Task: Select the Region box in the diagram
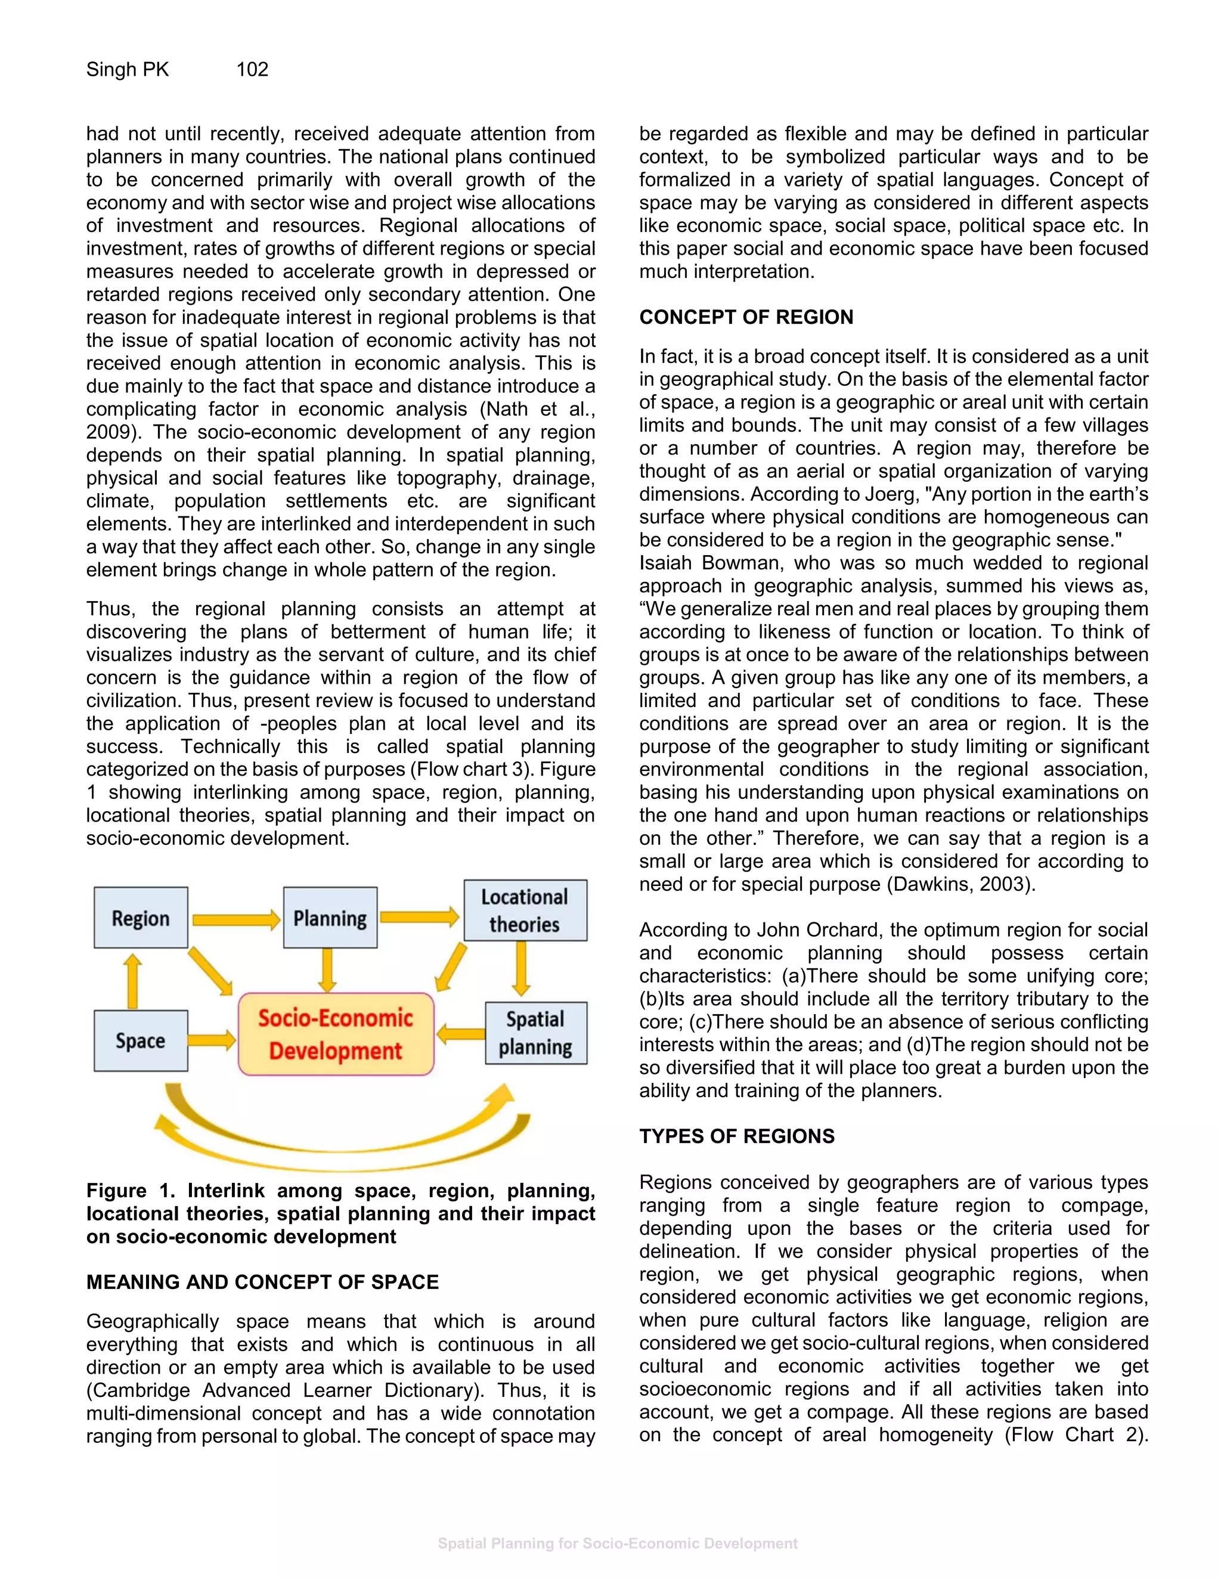(140, 918)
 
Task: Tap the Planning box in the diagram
(330, 918)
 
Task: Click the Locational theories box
(525, 910)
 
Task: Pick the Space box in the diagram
(140, 1040)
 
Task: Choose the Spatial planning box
(535, 1033)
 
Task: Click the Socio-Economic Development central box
(336, 1034)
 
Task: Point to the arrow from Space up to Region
(132, 980)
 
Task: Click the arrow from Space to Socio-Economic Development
(212, 1040)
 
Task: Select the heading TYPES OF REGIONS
(736, 1136)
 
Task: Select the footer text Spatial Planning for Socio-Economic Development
(617, 1543)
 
